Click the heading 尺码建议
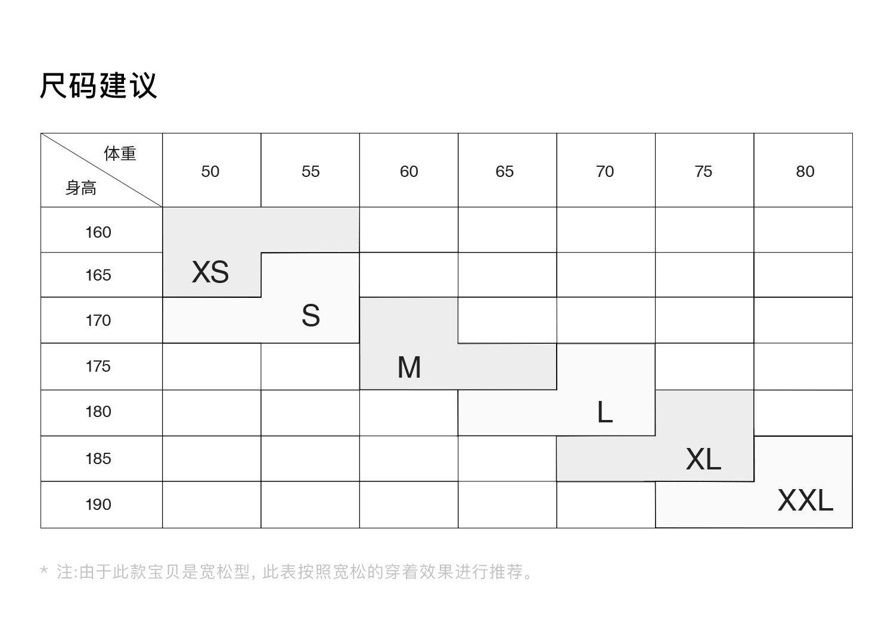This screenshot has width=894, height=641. coord(98,85)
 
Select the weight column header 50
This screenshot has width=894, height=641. coord(210,172)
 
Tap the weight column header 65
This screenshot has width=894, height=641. coord(504,172)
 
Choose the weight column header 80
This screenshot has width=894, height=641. coord(805,172)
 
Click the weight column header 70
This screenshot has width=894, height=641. coord(604,172)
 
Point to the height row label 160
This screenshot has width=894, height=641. coord(98,232)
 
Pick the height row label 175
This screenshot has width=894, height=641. coord(98,366)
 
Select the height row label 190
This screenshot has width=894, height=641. coord(98,505)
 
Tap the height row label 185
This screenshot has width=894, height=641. coord(98,459)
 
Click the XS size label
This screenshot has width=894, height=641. coord(210,272)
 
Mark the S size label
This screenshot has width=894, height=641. coord(311,316)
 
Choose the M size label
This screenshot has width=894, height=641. coord(409,368)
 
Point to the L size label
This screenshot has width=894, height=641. coord(604,412)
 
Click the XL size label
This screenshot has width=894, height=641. coord(703,459)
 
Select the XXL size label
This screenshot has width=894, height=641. coord(805,500)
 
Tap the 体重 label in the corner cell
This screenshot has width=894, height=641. coord(120,154)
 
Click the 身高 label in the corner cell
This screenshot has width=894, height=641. coord(81,188)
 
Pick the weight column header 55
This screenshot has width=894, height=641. coord(311,172)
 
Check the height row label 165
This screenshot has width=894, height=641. coord(98,275)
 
